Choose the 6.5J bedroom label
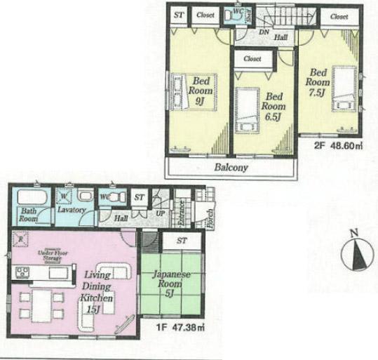(x=273, y=106)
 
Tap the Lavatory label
(x=72, y=210)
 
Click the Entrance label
(x=180, y=213)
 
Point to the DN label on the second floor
(x=264, y=32)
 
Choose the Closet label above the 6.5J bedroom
(x=252, y=59)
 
